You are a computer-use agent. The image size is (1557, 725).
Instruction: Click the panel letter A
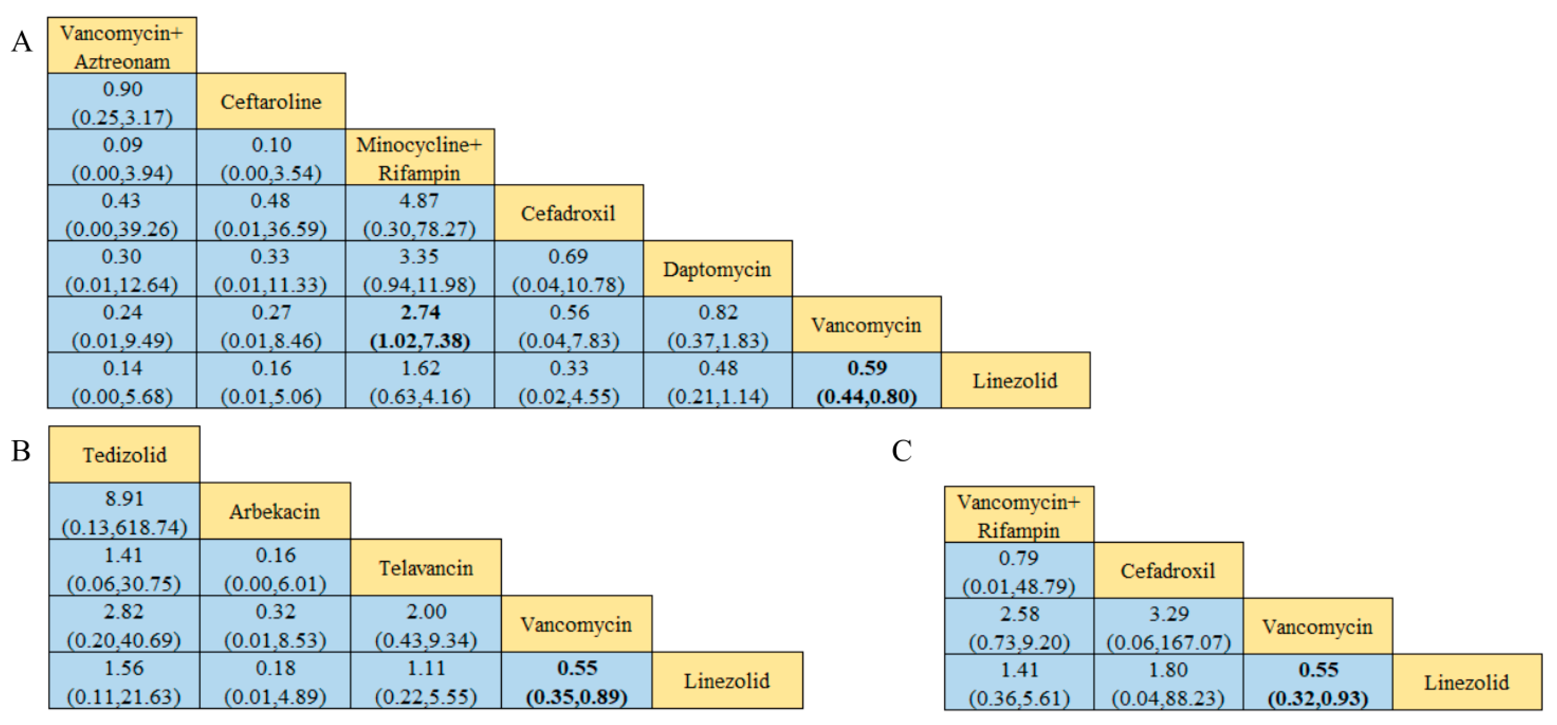point(22,42)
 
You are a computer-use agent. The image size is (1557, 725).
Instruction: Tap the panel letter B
point(21,451)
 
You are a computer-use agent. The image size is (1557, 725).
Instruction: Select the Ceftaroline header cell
point(271,102)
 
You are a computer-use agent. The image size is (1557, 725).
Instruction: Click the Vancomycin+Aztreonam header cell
point(122,46)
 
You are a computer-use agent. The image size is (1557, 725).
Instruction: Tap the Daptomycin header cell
point(718,269)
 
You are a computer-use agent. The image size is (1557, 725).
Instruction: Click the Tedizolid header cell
point(125,455)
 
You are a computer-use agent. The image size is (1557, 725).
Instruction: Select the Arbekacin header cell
point(275,512)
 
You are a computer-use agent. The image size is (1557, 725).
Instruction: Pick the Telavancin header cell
point(426,568)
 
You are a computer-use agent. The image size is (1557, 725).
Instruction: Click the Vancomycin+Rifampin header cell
point(1018,515)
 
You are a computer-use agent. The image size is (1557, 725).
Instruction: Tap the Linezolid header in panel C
point(1467,683)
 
